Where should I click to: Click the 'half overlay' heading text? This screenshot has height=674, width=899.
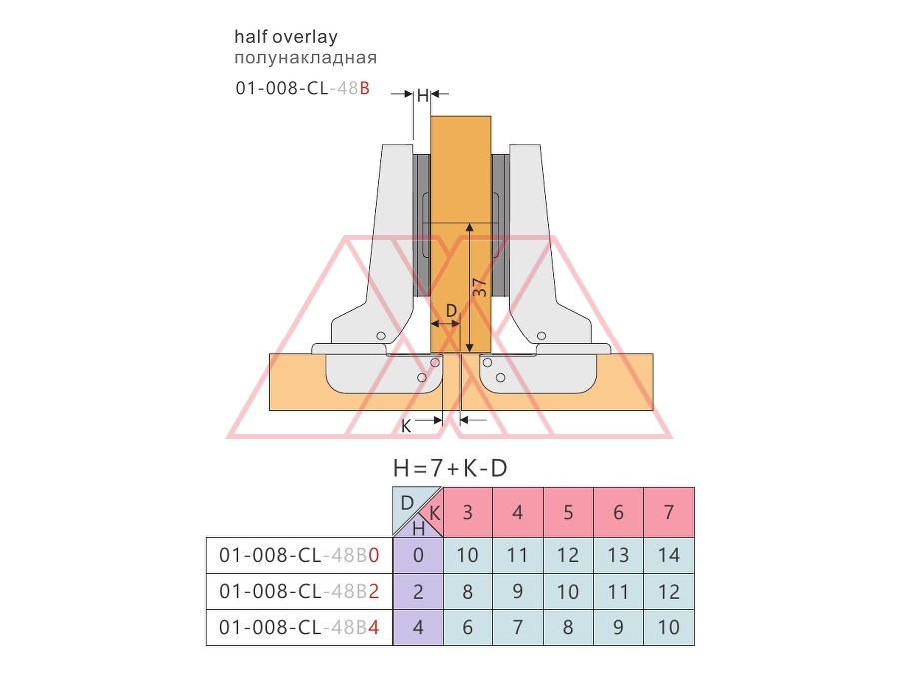click(x=286, y=37)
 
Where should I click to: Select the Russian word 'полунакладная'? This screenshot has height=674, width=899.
click(x=305, y=58)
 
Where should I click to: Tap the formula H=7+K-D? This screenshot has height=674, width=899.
click(x=450, y=469)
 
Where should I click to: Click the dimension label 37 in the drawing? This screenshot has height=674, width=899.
click(x=480, y=287)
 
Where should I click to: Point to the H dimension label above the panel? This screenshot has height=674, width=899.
click(x=422, y=95)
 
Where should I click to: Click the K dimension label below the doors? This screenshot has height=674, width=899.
click(x=406, y=427)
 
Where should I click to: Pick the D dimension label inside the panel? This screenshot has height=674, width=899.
click(x=451, y=311)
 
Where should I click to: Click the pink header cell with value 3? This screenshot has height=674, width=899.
click(x=467, y=512)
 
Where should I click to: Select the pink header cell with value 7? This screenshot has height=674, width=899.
click(x=669, y=512)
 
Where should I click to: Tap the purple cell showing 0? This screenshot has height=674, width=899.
click(x=418, y=555)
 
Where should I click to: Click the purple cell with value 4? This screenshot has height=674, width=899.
click(x=418, y=628)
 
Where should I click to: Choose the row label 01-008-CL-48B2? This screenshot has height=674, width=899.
click(x=299, y=591)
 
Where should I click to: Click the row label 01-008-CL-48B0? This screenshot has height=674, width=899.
click(x=299, y=555)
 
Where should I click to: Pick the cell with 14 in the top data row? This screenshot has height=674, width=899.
click(x=669, y=555)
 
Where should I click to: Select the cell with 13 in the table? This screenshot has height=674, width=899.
click(x=618, y=555)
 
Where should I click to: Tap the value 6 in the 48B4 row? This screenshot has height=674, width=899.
click(x=467, y=628)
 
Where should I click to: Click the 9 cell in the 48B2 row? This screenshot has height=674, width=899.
click(x=517, y=591)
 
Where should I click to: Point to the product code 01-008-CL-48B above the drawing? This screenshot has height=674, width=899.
click(x=302, y=88)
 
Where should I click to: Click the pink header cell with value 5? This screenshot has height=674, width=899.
click(x=568, y=512)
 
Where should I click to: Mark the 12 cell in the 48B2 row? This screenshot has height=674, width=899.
click(x=669, y=591)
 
